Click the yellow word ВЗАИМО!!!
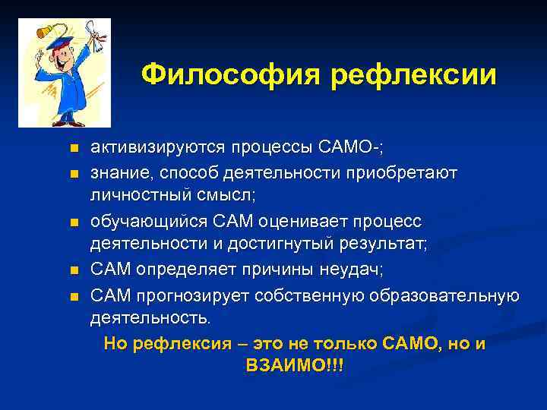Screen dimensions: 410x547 point(295,366)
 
